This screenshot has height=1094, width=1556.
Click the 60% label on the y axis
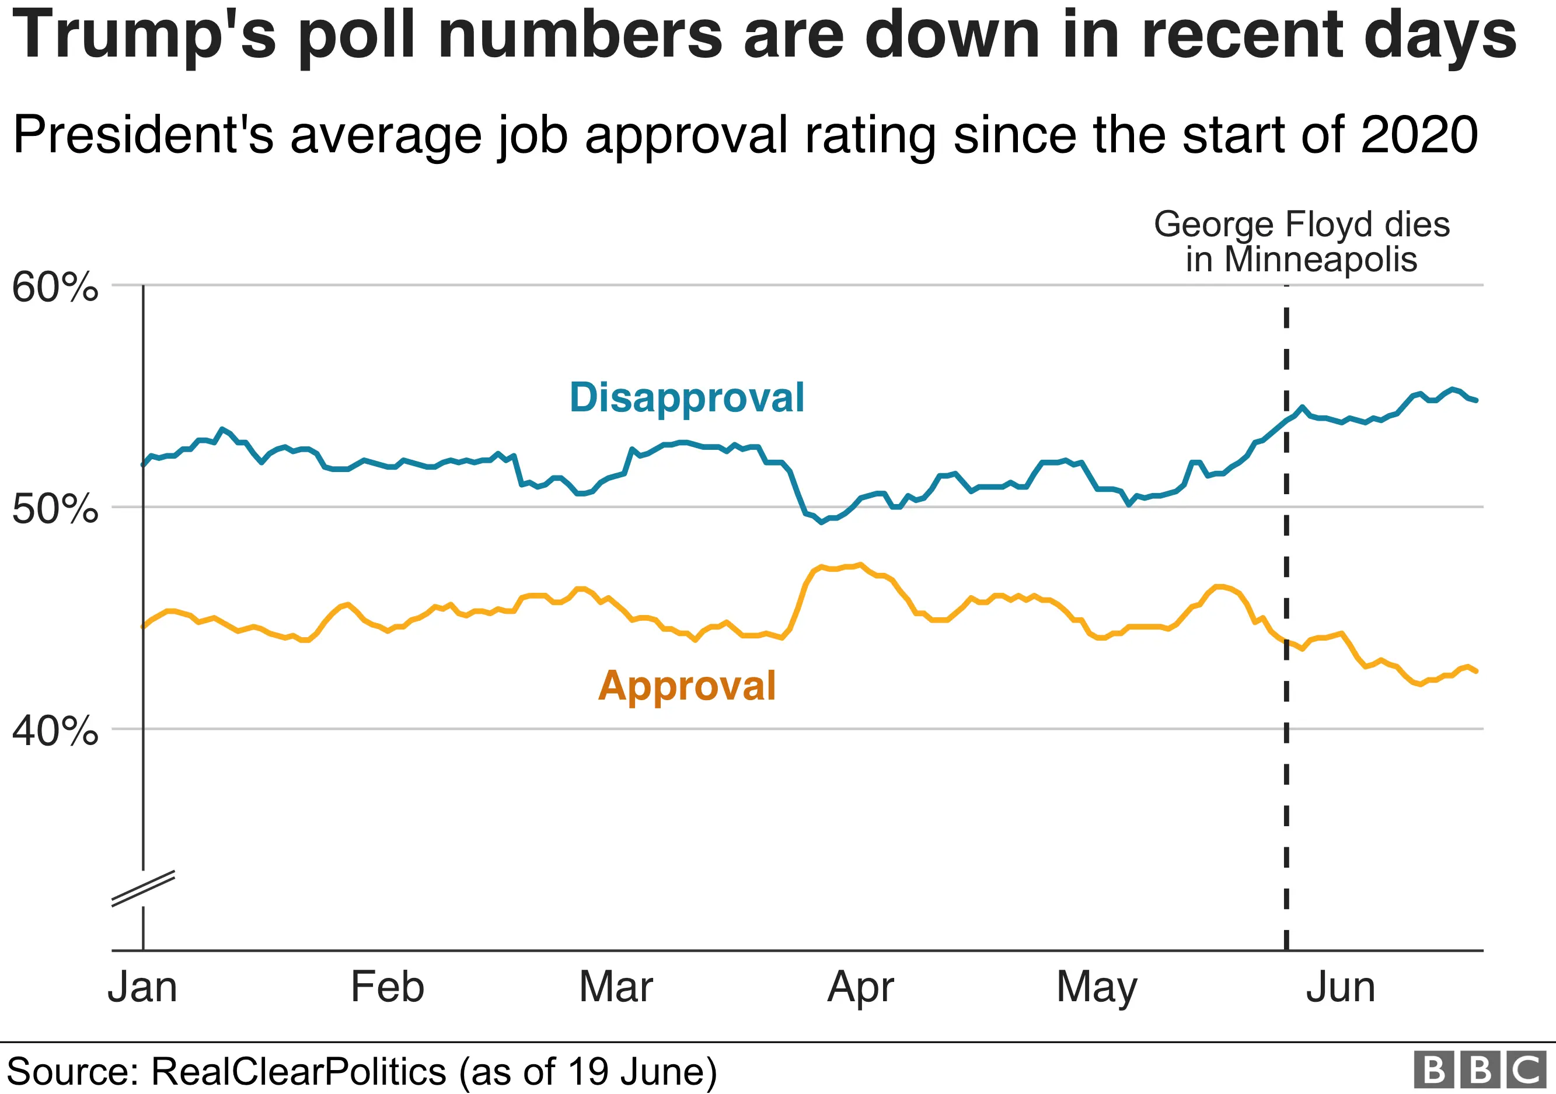coord(55,287)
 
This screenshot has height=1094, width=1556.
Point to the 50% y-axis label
coord(55,509)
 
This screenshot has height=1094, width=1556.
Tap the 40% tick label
coord(55,731)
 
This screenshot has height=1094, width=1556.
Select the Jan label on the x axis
coord(142,987)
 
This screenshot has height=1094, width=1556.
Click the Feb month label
coord(387,987)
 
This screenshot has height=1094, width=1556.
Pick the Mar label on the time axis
coord(615,987)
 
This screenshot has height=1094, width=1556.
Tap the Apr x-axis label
coord(861,988)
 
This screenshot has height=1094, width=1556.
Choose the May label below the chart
coord(1097,988)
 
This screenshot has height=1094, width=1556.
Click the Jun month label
coord(1341,987)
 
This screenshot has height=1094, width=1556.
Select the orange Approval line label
coord(686,686)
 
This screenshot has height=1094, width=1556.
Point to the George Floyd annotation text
coord(1301,242)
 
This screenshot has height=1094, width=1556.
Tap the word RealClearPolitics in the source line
coord(298,1072)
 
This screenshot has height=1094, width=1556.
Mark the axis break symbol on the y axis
coord(143,888)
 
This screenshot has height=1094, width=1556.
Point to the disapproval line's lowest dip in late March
coord(821,522)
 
